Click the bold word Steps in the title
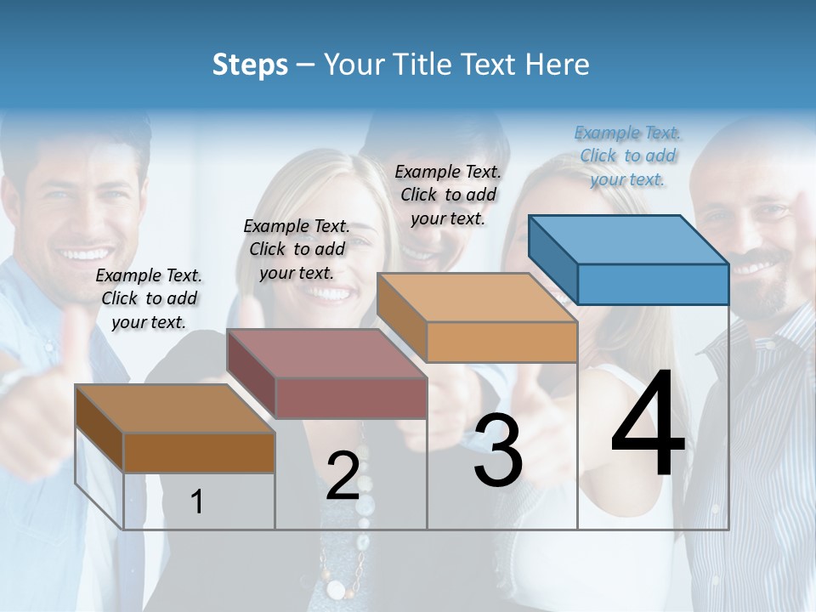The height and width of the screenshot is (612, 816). click(x=250, y=65)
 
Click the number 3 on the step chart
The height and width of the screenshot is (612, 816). click(x=498, y=451)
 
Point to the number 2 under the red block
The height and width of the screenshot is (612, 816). click(x=343, y=476)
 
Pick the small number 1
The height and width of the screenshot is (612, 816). click(x=197, y=502)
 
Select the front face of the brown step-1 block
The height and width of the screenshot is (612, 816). click(x=199, y=452)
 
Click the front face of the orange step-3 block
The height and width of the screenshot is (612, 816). click(x=501, y=343)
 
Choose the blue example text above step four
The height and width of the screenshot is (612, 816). click(x=627, y=156)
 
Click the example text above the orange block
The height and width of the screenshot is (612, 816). click(x=448, y=195)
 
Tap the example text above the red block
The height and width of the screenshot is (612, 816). click(x=297, y=249)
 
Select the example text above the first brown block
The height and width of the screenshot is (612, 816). click(x=149, y=298)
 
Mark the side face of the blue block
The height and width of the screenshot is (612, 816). click(x=553, y=255)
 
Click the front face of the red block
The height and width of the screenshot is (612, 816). click(x=351, y=398)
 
